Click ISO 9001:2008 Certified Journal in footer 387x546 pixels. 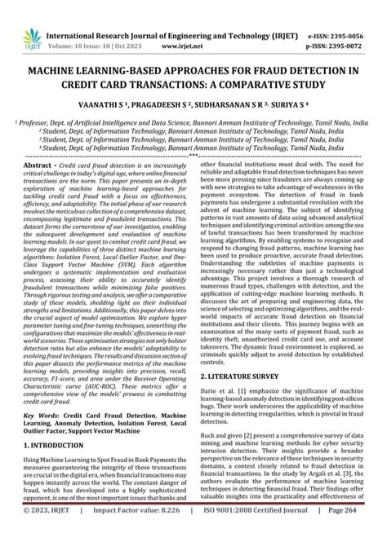click(x=269, y=533)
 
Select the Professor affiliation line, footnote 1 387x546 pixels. click(x=193, y=119)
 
